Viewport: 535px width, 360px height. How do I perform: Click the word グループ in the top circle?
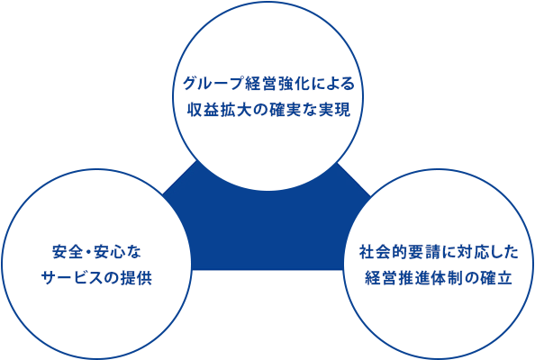(213, 84)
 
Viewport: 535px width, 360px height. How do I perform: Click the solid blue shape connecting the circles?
(267, 232)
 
